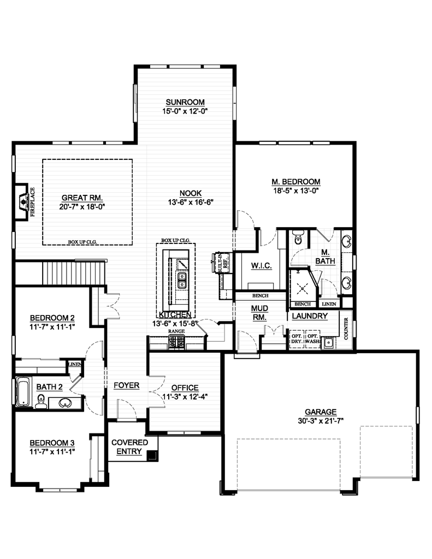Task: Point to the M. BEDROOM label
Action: pyautogui.click(x=295, y=182)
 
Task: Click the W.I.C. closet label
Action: pyautogui.click(x=258, y=265)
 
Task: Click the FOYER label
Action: pyautogui.click(x=127, y=385)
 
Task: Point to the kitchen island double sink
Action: pyautogui.click(x=181, y=280)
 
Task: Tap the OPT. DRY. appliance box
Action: pyautogui.click(x=297, y=338)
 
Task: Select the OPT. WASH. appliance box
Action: pyautogui.click(x=312, y=338)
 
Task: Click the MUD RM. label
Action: pyautogui.click(x=259, y=313)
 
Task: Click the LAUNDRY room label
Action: pyautogui.click(x=310, y=316)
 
